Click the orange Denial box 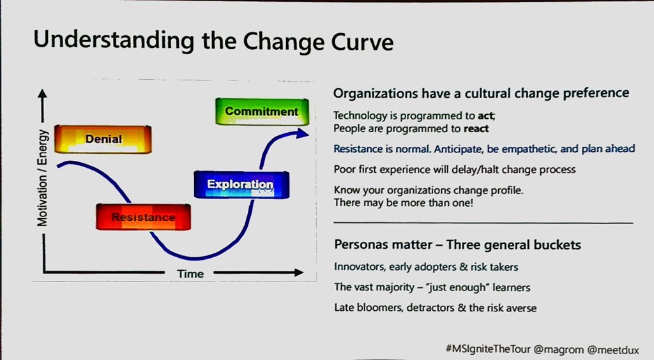(x=103, y=139)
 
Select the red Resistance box (x=144, y=217)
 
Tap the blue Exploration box (x=241, y=184)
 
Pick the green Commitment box (x=262, y=112)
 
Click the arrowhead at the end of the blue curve (x=302, y=134)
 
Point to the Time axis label (x=190, y=274)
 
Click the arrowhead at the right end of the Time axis (x=299, y=273)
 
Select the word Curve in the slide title (x=362, y=43)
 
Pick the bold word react (x=476, y=129)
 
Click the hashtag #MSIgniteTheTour (x=488, y=349)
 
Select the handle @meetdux (x=612, y=350)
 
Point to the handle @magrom (x=558, y=349)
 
